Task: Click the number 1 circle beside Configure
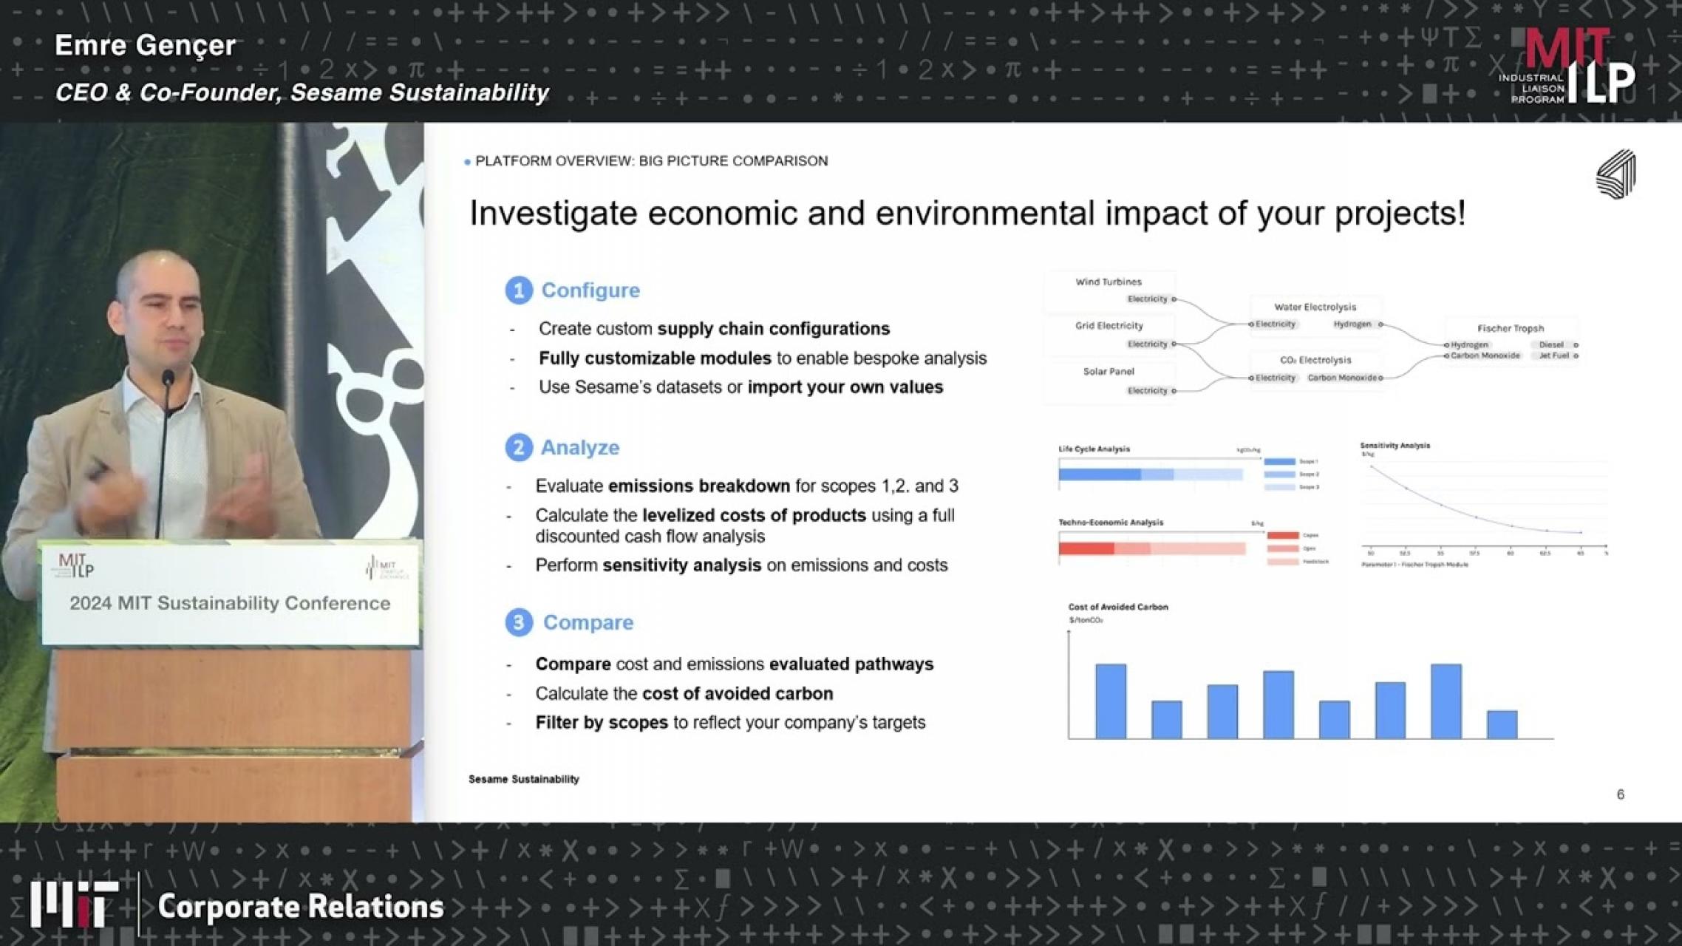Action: [x=519, y=290]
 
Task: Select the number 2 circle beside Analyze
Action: [x=519, y=448]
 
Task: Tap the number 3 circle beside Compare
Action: [x=519, y=623]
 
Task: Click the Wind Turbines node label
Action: [x=1108, y=282]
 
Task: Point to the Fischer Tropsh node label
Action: [x=1510, y=328]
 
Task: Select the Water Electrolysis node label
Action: [x=1315, y=307]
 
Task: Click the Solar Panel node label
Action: [x=1108, y=371]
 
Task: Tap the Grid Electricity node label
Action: [x=1109, y=325]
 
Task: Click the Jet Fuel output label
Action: [x=1553, y=355]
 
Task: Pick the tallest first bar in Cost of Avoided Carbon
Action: [x=1111, y=701]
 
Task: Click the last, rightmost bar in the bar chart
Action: [x=1502, y=724]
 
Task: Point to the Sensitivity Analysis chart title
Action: [x=1395, y=446]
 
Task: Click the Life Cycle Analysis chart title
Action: [x=1094, y=449]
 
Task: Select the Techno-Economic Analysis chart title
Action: [x=1110, y=523]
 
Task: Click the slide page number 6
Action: [x=1620, y=794]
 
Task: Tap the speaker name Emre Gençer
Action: [x=146, y=46]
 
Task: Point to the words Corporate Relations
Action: [x=301, y=907]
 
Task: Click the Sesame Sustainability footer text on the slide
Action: [x=523, y=779]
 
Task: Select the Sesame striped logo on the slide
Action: [x=1616, y=174]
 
